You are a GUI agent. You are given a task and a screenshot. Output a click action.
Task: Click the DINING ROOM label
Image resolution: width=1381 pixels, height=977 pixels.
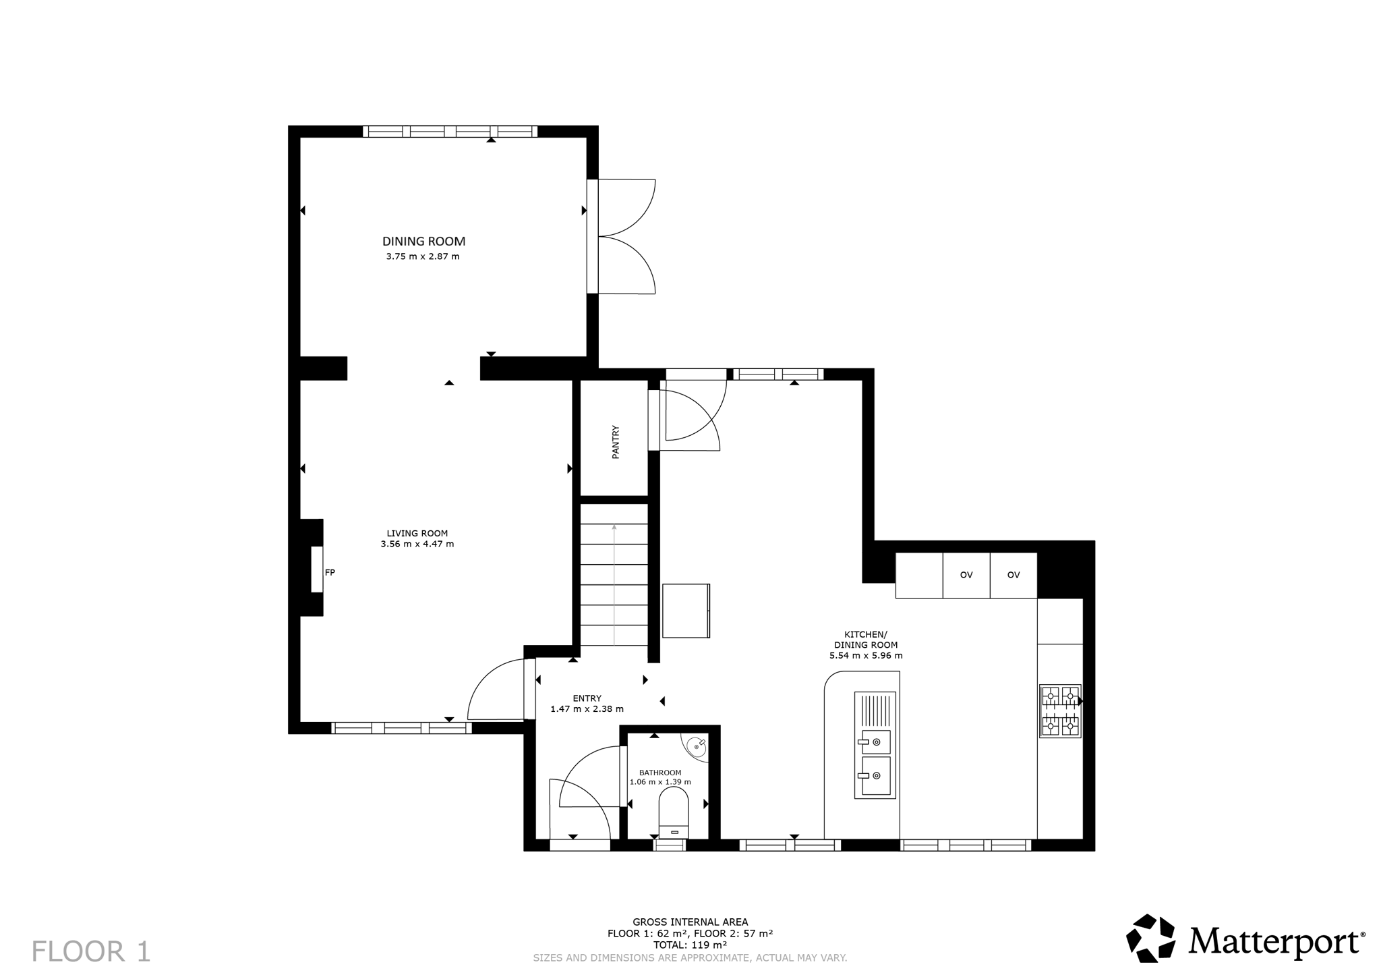point(423,241)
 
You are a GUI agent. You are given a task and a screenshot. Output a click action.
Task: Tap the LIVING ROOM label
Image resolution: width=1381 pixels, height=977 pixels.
point(417,533)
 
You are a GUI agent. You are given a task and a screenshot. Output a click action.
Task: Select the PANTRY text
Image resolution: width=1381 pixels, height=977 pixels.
point(615,442)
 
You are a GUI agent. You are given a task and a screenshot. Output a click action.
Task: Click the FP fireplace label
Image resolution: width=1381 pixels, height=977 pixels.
point(330,572)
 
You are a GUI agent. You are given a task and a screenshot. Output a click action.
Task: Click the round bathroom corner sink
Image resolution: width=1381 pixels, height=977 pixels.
point(697,747)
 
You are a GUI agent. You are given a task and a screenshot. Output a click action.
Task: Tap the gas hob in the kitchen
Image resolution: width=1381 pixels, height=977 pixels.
point(1060,711)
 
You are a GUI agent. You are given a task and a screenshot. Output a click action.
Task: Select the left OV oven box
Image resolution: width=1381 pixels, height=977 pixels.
point(966,575)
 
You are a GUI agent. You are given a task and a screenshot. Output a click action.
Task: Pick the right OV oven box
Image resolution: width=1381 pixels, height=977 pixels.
point(1013,575)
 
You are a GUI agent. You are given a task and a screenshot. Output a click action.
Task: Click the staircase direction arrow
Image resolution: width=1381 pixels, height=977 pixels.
point(614,584)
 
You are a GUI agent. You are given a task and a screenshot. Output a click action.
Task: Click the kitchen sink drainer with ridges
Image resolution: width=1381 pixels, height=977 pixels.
point(875,710)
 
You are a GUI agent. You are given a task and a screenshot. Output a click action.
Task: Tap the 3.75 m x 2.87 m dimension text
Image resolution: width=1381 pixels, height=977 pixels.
point(423,256)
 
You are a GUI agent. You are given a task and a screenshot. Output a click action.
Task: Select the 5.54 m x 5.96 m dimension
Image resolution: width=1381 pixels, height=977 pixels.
point(866,655)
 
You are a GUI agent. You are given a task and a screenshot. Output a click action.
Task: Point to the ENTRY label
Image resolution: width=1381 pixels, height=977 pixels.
point(587,698)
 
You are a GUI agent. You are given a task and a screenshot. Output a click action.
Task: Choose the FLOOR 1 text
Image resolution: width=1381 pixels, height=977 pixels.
point(91,951)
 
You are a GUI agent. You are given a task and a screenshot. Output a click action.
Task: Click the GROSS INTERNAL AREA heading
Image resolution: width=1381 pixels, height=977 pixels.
point(690,922)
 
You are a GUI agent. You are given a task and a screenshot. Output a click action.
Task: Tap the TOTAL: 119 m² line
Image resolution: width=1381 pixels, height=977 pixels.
point(690,945)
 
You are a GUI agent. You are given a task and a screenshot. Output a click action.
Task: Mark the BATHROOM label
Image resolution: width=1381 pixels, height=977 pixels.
point(660,773)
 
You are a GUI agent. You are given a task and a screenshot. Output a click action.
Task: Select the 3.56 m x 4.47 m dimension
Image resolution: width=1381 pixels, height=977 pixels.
point(417,544)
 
